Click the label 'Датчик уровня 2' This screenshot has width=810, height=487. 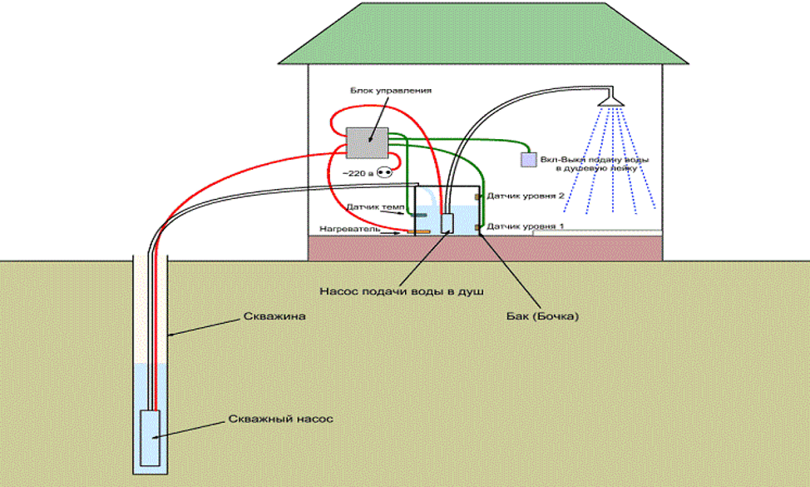[x=526, y=195]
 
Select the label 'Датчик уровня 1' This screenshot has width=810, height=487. [x=526, y=226]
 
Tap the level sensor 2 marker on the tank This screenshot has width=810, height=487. [x=477, y=196]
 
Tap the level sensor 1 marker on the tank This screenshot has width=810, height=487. [x=477, y=226]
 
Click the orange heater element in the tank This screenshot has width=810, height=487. [x=422, y=231]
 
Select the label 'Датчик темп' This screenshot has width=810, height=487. [x=373, y=206]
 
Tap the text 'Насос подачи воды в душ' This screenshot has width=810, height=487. [x=402, y=291]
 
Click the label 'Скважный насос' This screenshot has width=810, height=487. [x=280, y=419]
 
